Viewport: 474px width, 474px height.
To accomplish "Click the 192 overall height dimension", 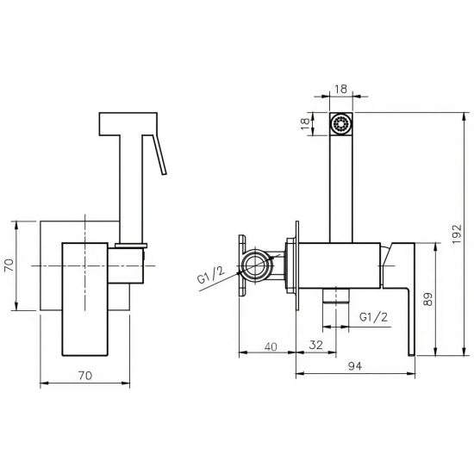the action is (458, 234).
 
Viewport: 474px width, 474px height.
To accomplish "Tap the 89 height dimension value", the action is (428, 299).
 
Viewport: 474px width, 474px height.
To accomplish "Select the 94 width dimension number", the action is (355, 366).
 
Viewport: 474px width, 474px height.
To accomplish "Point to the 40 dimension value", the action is (271, 346).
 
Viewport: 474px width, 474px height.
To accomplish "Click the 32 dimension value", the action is (316, 345).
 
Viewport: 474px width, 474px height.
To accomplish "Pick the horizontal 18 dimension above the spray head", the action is (341, 89).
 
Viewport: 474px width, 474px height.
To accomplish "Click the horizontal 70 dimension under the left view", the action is (85, 376).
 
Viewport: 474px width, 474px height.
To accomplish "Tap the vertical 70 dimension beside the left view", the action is (9, 265).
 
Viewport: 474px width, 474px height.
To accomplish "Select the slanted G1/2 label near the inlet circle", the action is (211, 275).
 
